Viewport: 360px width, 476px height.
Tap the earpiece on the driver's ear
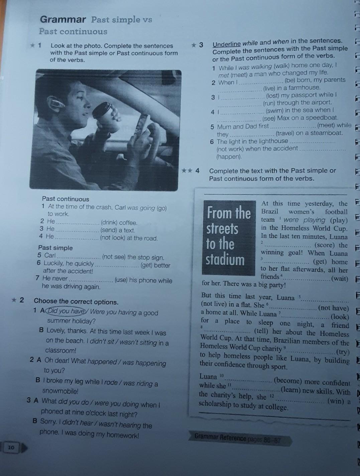(58, 104)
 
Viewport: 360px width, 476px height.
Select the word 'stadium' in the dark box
(225, 260)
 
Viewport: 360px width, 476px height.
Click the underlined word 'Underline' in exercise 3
(227, 44)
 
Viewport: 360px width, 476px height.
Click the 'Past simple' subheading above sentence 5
(55, 248)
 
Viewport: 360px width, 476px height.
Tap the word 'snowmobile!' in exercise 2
(60, 391)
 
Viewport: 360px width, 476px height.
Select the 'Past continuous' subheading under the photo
(66, 199)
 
